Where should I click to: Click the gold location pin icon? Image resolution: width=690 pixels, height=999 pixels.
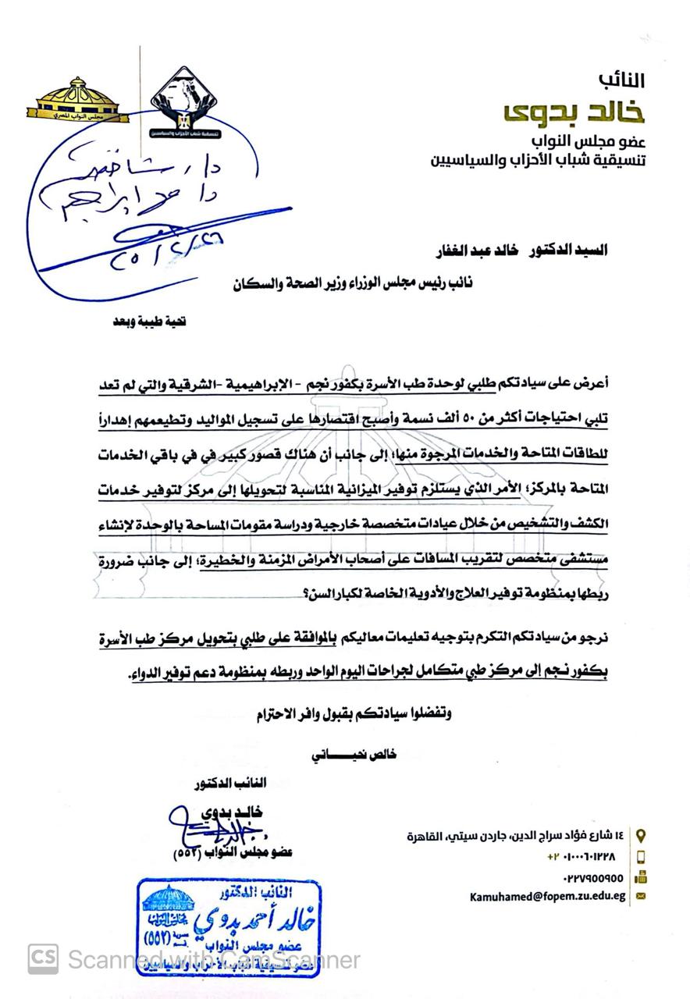(642, 834)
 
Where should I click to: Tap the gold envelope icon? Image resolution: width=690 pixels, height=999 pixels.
(642, 896)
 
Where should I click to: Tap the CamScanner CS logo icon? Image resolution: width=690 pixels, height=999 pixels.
(43, 959)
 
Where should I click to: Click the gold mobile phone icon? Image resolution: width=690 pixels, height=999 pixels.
(642, 856)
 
